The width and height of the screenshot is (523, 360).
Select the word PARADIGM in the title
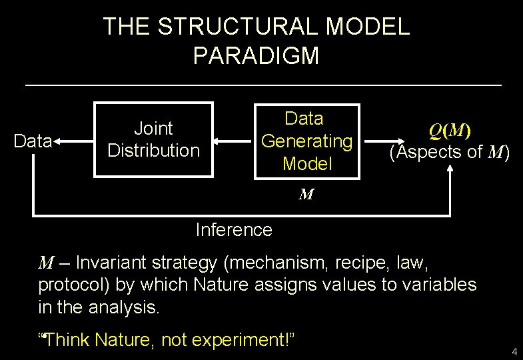(x=256, y=55)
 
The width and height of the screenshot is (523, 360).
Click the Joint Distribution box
(x=153, y=139)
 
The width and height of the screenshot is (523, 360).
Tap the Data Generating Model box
(x=306, y=141)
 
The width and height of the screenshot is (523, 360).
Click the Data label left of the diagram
(x=33, y=141)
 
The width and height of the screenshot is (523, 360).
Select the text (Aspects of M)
(x=450, y=152)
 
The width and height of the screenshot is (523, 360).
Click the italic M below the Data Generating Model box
(x=306, y=195)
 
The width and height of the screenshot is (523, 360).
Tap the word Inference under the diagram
(x=234, y=230)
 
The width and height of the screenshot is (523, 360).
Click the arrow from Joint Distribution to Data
(x=73, y=141)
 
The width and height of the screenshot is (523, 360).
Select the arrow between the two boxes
(x=233, y=141)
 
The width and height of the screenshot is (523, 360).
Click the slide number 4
(x=514, y=351)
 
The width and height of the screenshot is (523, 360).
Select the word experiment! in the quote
(x=243, y=340)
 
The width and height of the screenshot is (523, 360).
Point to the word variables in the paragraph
(x=442, y=285)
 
